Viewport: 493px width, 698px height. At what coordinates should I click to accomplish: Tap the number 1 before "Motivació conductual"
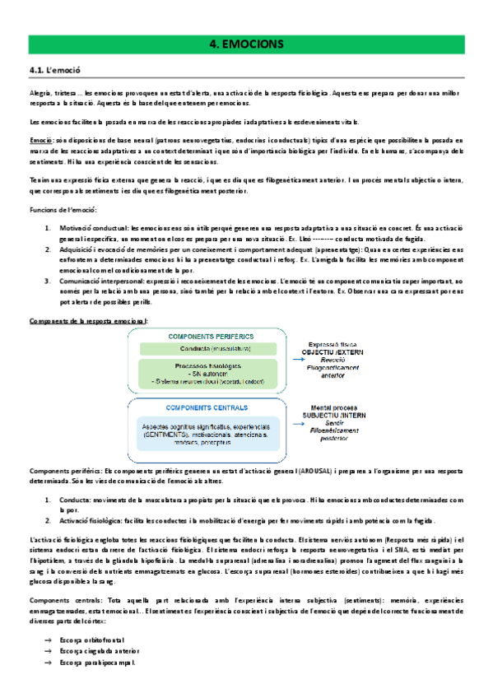[x=48, y=227]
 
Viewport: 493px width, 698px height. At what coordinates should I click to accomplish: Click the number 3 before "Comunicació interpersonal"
[x=48, y=282]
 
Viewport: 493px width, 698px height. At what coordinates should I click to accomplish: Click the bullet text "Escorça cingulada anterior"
[x=100, y=649]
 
